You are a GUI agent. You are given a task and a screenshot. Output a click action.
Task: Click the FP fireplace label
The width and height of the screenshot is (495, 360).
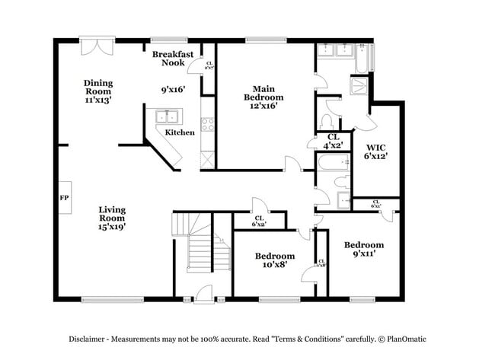pos(64,196)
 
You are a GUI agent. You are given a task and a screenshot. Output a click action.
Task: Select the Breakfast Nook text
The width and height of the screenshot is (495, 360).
pos(174,59)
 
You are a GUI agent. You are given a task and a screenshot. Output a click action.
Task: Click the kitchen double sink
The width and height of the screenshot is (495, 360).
pos(167,116)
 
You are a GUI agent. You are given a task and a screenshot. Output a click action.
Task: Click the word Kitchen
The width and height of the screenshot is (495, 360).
pos(180,132)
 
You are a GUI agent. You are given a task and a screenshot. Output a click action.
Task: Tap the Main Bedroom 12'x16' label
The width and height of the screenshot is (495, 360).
pos(263,97)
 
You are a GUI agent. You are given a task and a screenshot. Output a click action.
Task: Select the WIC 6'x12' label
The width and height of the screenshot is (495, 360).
pos(376,151)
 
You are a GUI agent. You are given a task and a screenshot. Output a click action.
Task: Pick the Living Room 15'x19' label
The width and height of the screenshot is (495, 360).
pos(111,217)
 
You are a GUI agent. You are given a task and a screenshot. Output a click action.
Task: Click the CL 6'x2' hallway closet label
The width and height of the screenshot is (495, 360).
pos(259,221)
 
